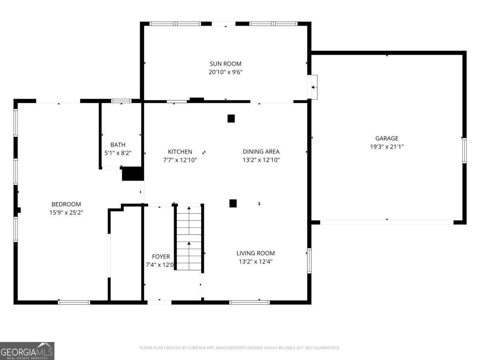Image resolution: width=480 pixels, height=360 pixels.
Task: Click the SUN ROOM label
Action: click(226, 64)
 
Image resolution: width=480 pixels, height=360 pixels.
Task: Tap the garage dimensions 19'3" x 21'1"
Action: click(386, 147)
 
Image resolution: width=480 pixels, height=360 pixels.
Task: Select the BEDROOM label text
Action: click(66, 204)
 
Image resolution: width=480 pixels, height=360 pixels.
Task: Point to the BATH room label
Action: click(118, 145)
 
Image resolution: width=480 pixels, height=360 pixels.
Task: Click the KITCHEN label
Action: click(180, 152)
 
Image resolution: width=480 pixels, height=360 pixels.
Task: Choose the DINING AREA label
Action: click(261, 152)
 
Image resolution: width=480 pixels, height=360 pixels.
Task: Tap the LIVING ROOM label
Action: click(256, 253)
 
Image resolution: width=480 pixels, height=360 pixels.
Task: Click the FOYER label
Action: click(161, 256)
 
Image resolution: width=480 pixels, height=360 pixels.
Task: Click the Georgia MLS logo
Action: click(27, 351)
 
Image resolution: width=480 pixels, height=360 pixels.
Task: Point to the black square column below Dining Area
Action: click(233, 203)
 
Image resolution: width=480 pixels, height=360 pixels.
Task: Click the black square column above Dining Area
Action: click(231, 118)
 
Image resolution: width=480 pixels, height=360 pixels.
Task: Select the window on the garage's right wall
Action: click(464, 150)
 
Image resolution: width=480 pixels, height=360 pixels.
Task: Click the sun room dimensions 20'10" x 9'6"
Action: click(226, 72)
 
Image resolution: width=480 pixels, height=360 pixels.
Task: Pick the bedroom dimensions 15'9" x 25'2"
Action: click(66, 213)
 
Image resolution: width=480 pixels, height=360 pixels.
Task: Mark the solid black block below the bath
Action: click(132, 174)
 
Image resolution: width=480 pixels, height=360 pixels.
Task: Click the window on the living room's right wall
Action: click(309, 261)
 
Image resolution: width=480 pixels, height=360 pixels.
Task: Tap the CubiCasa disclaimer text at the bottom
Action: click(240, 348)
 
